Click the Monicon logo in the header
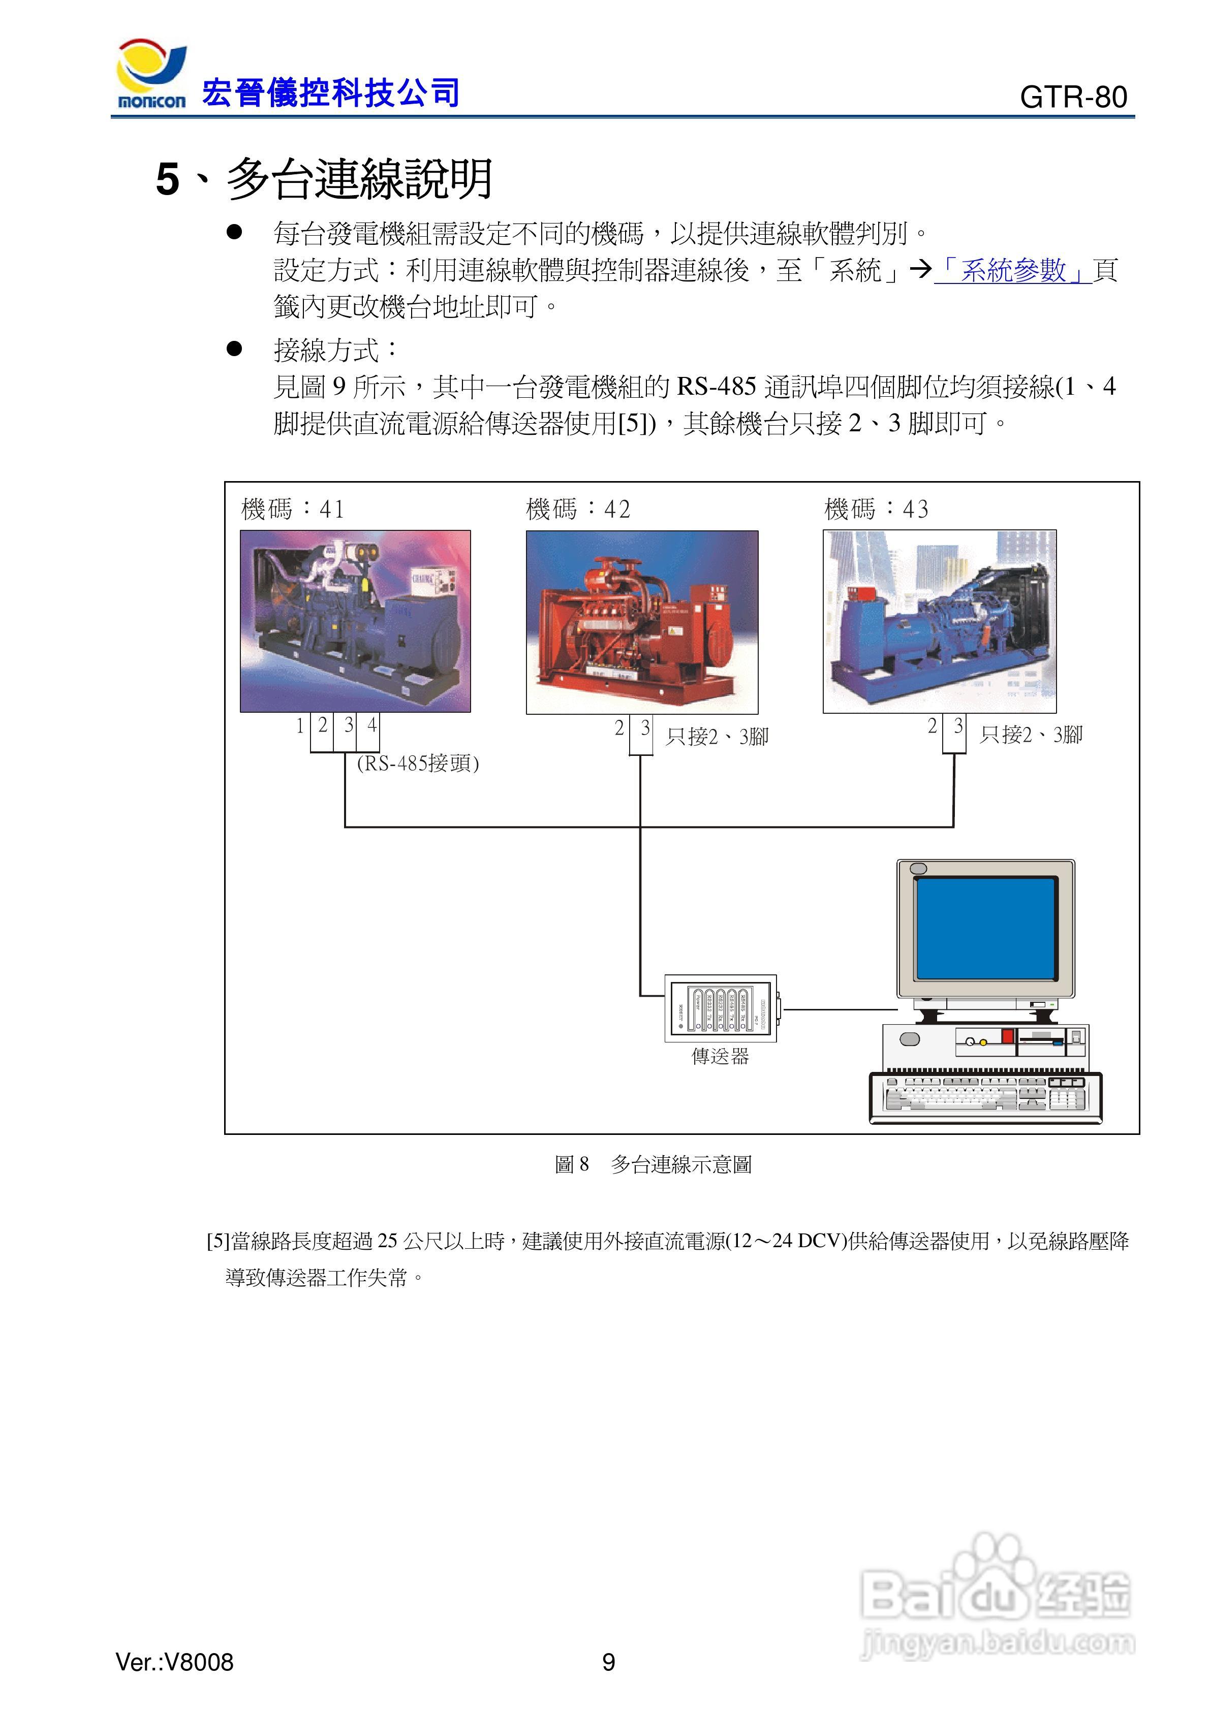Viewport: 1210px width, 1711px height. click(151, 75)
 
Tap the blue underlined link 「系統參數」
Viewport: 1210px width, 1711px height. click(1012, 270)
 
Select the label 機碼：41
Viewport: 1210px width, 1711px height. click(292, 509)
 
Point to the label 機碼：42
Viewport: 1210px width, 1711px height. click(578, 509)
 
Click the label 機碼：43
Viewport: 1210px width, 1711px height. click(876, 509)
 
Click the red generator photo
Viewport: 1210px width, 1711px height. click(642, 622)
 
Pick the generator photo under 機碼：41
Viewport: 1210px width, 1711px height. click(355, 621)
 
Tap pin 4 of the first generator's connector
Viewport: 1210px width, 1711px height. click(371, 725)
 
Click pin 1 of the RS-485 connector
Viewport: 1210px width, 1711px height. click(300, 725)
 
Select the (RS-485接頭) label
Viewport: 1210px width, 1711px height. click(418, 763)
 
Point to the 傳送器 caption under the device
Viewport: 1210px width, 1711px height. click(720, 1056)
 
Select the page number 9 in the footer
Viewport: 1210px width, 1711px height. click(608, 1662)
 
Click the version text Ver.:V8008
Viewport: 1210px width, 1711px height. click(174, 1662)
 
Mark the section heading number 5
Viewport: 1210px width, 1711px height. click(168, 180)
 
